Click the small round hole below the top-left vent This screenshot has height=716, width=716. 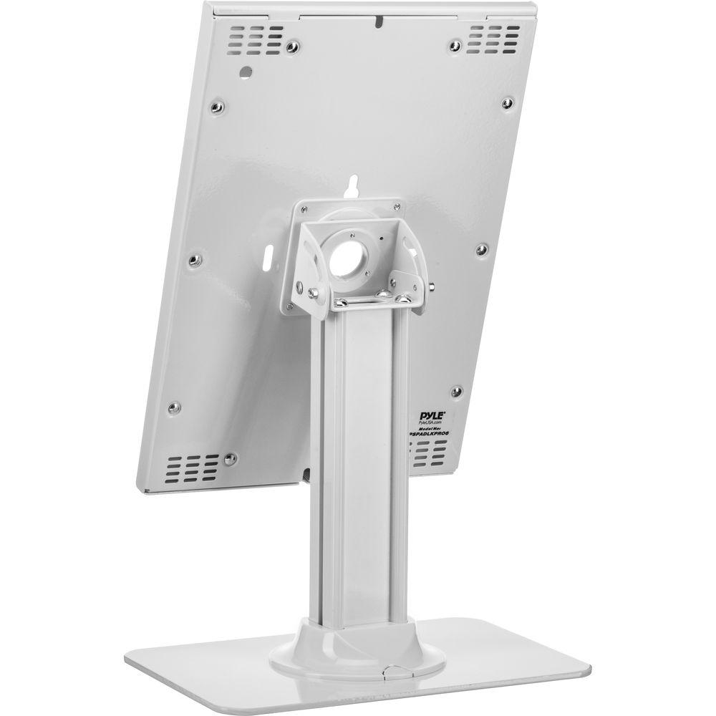[x=246, y=72]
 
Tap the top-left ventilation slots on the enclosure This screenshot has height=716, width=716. [x=256, y=35]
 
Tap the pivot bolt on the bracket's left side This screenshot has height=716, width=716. [x=313, y=294]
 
